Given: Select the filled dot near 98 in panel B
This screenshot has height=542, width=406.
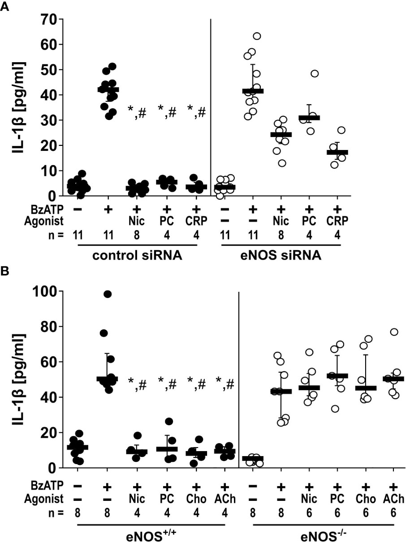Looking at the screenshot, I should point(107,294).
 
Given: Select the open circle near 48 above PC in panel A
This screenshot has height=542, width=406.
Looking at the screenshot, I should point(315,73).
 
